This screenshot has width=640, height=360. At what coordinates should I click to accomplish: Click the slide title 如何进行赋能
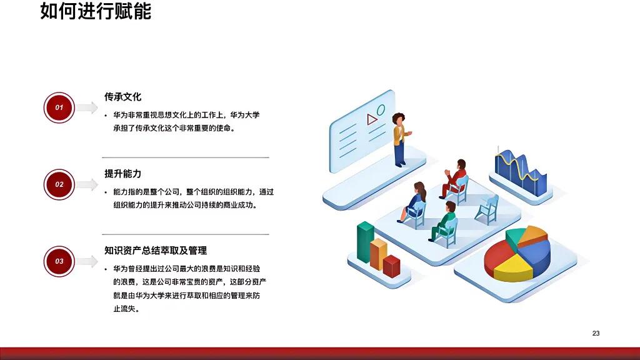point(96,12)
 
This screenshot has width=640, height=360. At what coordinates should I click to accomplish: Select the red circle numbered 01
point(59,107)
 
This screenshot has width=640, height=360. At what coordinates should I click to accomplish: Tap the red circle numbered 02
point(59,184)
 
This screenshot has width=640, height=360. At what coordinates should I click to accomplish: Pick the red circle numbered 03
point(59,261)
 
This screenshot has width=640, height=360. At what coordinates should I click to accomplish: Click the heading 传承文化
point(122,97)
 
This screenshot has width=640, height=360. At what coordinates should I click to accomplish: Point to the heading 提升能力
point(122,174)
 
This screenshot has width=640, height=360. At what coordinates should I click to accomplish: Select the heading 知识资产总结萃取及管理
point(156,251)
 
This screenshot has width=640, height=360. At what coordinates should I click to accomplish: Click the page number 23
point(596,333)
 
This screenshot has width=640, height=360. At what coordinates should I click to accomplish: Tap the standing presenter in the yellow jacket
point(399,139)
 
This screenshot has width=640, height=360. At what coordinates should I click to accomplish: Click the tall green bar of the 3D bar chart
point(365,242)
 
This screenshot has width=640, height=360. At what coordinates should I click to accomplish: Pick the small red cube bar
point(392,266)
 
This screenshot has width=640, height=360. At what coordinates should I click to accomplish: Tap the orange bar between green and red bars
point(378,254)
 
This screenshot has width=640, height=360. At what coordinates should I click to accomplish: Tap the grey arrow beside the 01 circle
point(87,107)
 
